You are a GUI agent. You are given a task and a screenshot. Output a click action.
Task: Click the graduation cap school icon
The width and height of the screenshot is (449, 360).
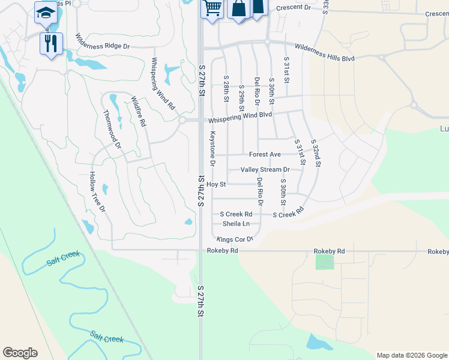[46, 12]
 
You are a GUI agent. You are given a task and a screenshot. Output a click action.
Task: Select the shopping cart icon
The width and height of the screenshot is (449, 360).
[212, 8]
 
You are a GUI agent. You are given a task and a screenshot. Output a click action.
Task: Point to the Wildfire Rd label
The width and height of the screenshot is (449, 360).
[139, 112]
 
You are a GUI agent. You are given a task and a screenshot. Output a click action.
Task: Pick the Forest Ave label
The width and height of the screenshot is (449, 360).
[265, 154]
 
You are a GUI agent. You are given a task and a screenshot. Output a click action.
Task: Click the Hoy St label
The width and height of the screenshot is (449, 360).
[216, 185]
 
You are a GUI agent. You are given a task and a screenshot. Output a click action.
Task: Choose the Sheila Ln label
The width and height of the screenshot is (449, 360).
[236, 224]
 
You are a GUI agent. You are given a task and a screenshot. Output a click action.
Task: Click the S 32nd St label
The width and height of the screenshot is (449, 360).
[316, 153]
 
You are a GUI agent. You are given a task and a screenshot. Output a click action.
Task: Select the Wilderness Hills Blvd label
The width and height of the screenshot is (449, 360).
[325, 53]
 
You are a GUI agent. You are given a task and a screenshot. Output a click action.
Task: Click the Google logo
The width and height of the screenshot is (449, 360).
[20, 353]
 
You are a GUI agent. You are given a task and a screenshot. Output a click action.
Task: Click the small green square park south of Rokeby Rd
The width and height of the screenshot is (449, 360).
[324, 262]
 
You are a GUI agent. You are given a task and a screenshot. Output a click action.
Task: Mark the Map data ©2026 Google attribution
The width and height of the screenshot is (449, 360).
[411, 355]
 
